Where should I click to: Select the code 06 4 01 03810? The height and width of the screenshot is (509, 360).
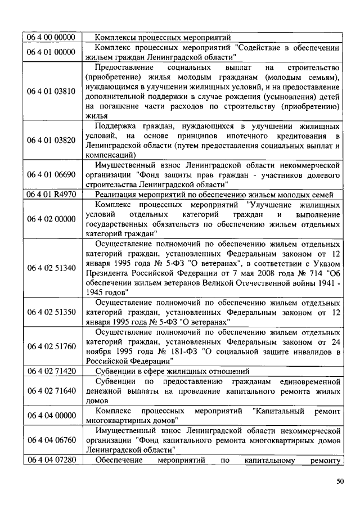(x=52, y=92)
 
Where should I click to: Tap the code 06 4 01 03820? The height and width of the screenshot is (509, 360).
(x=52, y=140)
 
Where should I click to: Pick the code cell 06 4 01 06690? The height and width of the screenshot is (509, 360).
(x=52, y=174)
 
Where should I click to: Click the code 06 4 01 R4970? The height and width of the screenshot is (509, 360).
(x=52, y=194)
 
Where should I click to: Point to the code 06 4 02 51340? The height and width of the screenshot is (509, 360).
(x=52, y=267)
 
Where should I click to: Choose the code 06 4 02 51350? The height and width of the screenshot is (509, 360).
(x=52, y=312)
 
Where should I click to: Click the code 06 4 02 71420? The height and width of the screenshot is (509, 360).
(x=52, y=371)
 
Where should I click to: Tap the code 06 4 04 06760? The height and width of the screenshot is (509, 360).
(x=52, y=440)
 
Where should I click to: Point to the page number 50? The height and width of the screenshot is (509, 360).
(x=340, y=481)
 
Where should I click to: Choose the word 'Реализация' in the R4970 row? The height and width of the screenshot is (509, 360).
(x=115, y=194)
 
